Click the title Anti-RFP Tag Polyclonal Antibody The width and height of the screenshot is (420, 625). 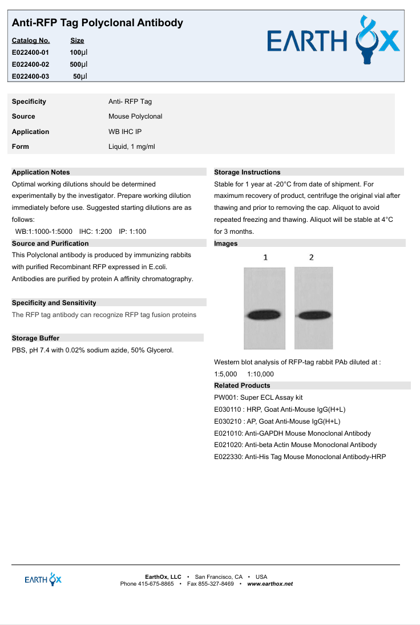(98, 23)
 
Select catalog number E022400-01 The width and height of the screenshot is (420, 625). (30, 52)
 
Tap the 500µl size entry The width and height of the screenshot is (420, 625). (75, 64)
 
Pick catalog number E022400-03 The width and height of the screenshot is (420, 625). (30, 76)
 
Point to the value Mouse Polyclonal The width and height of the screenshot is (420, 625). (135, 116)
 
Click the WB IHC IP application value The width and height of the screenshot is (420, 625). (125, 132)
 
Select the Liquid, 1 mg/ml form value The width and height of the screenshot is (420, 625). (131, 147)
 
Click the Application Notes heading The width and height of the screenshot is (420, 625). (41, 172)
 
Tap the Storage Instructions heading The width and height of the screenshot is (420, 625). (247, 172)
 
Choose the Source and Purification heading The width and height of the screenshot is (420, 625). (50, 243)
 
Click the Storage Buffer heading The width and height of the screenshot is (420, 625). (35, 338)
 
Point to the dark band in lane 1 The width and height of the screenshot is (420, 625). (264, 315)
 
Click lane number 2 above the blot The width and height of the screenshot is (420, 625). (311, 257)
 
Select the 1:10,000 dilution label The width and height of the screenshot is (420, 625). (260, 374)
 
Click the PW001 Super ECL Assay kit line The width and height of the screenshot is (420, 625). (259, 397)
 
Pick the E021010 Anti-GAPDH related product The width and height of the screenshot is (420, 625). (292, 433)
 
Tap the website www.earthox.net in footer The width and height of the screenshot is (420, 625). (270, 584)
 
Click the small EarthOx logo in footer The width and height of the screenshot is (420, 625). (43, 579)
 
